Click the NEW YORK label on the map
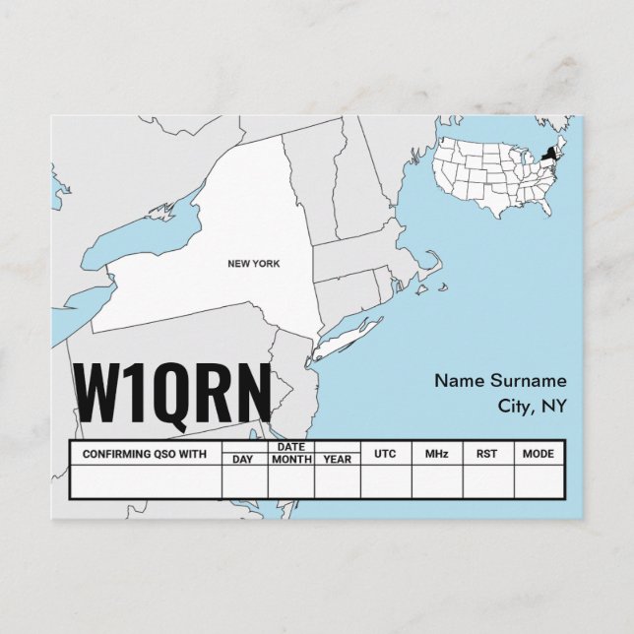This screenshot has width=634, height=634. pyautogui.click(x=253, y=264)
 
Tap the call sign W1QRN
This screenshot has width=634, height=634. pyautogui.click(x=172, y=391)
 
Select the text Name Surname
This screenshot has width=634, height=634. pyautogui.click(x=500, y=380)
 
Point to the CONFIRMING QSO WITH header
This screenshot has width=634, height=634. pyautogui.click(x=145, y=454)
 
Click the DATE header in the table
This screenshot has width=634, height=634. pyautogui.click(x=291, y=447)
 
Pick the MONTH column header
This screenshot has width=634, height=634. pyautogui.click(x=291, y=460)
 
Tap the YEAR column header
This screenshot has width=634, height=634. pyautogui.click(x=337, y=460)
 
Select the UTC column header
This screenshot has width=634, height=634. pyautogui.click(x=385, y=454)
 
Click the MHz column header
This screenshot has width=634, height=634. pyautogui.click(x=436, y=454)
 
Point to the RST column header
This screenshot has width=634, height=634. pyautogui.click(x=487, y=454)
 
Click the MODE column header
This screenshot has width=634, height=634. pyautogui.click(x=538, y=454)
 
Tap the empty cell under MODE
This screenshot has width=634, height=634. pyautogui.click(x=538, y=481)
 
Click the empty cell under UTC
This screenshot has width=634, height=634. pyautogui.click(x=385, y=481)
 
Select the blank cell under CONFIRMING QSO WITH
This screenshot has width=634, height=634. pyautogui.click(x=145, y=481)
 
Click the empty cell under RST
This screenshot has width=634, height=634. pyautogui.click(x=487, y=481)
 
